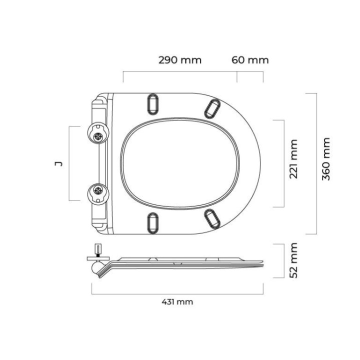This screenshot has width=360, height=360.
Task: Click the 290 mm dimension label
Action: coord(180,60)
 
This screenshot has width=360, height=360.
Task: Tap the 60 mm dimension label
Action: coord(250,60)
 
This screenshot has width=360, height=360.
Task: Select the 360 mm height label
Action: coord(326,159)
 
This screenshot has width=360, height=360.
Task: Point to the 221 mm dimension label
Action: coord(294,159)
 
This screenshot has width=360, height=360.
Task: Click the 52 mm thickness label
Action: coord(294,260)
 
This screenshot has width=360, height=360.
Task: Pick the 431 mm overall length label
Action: coord(177,302)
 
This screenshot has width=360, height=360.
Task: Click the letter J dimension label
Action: coord(58,163)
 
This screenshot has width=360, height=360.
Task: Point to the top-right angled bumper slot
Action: coord(212,107)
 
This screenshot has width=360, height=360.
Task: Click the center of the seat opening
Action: coord(180,163)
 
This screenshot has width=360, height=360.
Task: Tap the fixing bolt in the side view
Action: coord(98,249)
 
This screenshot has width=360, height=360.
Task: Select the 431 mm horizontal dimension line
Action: coord(177,294)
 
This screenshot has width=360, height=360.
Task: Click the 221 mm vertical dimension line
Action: coord(284,163)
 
